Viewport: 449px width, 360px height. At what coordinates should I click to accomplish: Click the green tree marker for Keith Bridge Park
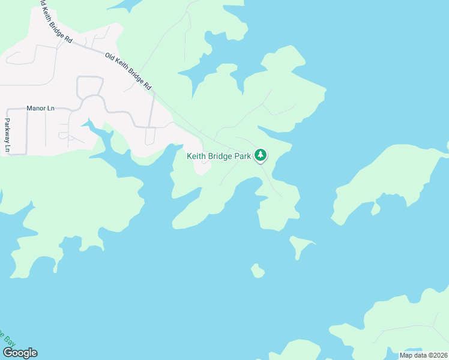coord(260,156)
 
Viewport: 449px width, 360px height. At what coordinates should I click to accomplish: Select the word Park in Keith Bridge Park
coord(242,156)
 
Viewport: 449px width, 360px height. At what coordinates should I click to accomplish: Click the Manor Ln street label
coord(40,109)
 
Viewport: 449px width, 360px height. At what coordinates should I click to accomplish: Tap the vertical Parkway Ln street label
coord(8,134)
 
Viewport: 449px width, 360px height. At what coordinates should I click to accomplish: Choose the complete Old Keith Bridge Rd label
coord(127,71)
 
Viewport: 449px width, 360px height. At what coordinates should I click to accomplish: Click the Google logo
coord(19,353)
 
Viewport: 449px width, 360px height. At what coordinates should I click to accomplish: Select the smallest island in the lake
coord(258,271)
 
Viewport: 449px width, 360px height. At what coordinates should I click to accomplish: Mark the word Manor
coord(35,109)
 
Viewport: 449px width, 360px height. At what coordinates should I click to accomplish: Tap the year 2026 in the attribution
coord(438,355)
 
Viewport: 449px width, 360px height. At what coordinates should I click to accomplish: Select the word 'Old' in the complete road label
coord(110,58)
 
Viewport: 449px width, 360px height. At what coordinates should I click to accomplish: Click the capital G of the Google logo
coord(7,353)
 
